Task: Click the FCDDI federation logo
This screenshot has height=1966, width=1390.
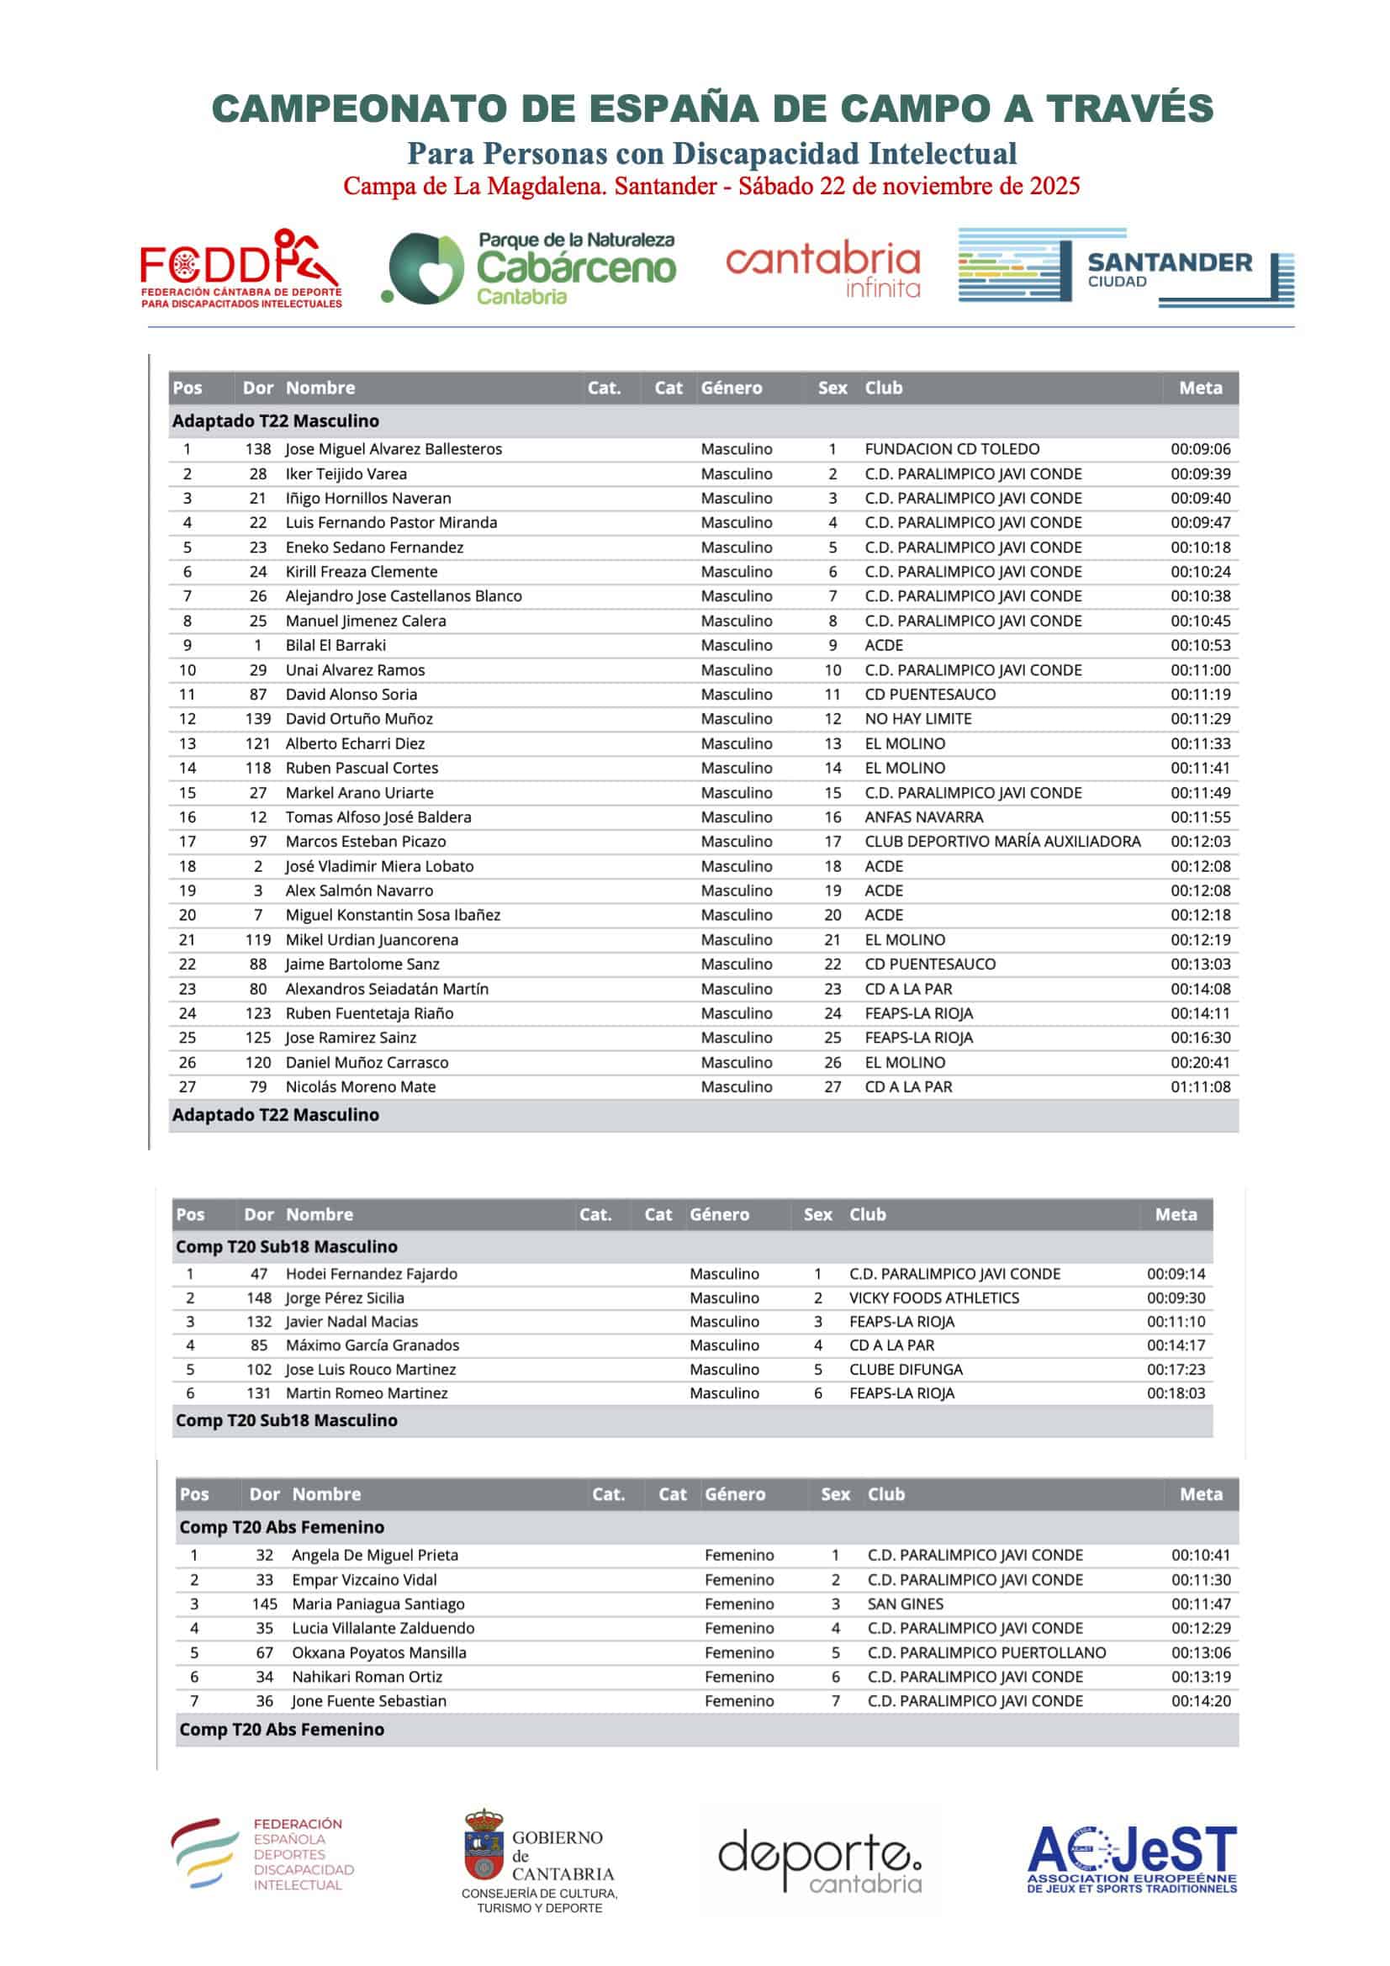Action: (x=240, y=268)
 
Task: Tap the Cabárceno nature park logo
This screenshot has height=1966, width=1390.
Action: (x=531, y=269)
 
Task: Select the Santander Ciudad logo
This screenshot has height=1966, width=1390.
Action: (x=1125, y=268)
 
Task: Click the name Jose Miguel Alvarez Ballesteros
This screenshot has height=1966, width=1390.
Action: (x=393, y=449)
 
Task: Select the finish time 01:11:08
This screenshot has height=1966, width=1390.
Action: (x=1200, y=1086)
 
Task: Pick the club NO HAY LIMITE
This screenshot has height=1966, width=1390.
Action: (x=917, y=718)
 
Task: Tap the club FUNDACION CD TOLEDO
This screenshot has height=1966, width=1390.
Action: (x=952, y=449)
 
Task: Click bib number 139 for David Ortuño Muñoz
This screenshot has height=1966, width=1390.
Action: (x=258, y=718)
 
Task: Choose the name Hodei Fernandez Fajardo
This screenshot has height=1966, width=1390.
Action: (x=371, y=1273)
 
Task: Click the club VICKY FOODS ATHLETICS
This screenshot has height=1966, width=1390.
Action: (x=933, y=1297)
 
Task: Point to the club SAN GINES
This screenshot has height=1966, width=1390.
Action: (x=905, y=1604)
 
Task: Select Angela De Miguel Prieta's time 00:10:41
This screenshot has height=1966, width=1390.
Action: (x=1200, y=1555)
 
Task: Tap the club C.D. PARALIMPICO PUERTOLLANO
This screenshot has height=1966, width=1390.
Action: (x=986, y=1652)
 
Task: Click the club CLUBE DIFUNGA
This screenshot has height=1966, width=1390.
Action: (x=906, y=1369)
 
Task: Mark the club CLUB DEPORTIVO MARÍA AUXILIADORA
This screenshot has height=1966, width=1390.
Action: (x=1002, y=841)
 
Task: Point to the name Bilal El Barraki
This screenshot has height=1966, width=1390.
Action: (x=336, y=645)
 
